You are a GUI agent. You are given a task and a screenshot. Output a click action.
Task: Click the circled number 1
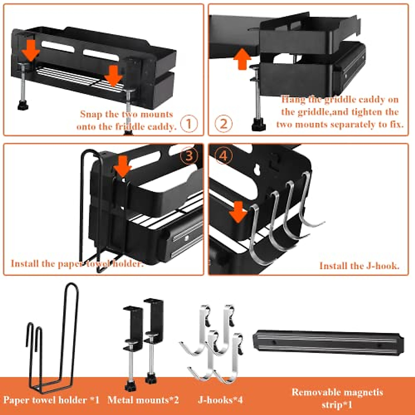[189, 124]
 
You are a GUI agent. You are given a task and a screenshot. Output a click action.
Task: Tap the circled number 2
[224, 124]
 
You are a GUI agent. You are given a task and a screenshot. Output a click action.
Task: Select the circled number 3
[189, 156]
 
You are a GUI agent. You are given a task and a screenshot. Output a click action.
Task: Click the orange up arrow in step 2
[242, 59]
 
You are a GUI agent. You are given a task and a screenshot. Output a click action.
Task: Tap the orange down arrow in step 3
[122, 166]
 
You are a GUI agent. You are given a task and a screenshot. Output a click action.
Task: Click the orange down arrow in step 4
[238, 212]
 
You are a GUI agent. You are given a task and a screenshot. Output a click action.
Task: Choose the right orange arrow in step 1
[113, 76]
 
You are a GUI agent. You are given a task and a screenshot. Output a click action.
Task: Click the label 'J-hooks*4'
[220, 400]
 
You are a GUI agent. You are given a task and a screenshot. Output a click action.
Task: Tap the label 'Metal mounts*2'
[143, 400]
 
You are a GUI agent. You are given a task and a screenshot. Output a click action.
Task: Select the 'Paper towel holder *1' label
[51, 400]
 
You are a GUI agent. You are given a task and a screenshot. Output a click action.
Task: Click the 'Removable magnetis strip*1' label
[337, 398]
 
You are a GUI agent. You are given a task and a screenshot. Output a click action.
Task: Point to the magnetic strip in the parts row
[328, 342]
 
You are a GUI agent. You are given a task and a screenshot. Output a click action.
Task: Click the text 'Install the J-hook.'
[359, 266]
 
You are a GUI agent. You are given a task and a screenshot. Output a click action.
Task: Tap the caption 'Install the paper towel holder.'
[77, 264]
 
